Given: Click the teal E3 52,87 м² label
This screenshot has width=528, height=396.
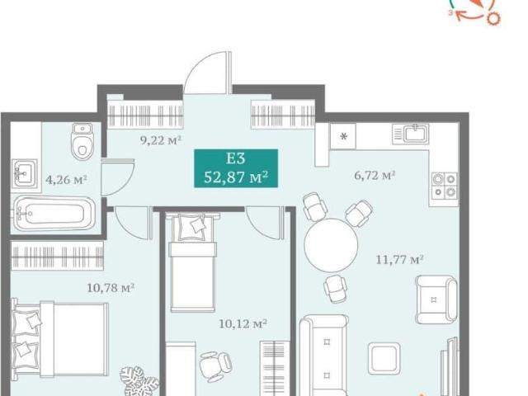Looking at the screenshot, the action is coord(236,168).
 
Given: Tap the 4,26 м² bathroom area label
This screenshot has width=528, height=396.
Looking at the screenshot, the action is coord(66,180).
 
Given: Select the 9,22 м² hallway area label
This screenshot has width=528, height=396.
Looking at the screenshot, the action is coord(161,140).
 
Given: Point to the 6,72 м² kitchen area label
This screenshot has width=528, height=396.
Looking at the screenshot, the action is coord(375,175).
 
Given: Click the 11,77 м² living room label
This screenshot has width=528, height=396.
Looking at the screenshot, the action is coord(399,260).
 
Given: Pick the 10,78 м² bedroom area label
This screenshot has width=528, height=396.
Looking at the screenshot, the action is coord(111,288).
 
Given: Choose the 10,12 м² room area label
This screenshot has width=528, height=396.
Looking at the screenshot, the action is coord(243,324).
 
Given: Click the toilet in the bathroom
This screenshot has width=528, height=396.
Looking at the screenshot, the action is coord(82,141).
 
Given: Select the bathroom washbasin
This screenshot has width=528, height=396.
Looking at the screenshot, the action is coord(25,173).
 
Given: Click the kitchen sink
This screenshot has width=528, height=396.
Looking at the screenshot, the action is coord(411,134).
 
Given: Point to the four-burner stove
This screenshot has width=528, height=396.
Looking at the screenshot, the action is coord(445,186).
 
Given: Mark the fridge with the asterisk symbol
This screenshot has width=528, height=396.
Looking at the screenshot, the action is coord(343,136).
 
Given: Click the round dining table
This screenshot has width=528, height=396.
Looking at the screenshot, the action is coord(331,245).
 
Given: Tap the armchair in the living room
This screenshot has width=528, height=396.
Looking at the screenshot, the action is coord(436,299).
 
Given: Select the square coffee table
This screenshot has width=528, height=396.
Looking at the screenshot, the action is coord(384,359).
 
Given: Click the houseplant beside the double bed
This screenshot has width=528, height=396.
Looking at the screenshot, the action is coord(139,381).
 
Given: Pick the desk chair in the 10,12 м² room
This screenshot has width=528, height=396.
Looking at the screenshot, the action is coord(215,366).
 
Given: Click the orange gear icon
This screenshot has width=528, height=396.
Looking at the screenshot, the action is coord(493,18).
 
